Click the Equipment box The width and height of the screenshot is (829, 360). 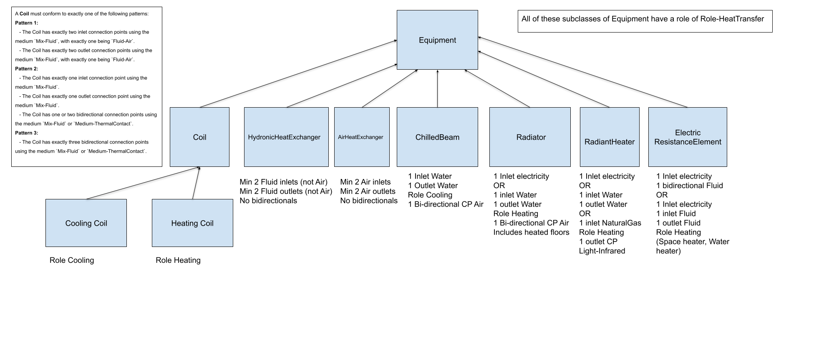(x=437, y=40)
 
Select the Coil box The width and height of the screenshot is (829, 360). (x=199, y=137)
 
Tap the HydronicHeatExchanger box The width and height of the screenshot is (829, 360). (x=286, y=137)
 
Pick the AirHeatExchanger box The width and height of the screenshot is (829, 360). (x=361, y=137)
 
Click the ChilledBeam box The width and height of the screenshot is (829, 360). (x=437, y=137)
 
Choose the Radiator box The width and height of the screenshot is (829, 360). (x=530, y=137)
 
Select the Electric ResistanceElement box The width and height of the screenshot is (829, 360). (x=687, y=137)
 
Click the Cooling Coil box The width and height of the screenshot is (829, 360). (x=86, y=223)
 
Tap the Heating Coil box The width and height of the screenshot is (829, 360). (x=192, y=223)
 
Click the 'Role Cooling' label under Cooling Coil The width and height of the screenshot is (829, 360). (x=72, y=260)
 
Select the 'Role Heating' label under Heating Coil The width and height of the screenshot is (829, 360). (x=178, y=260)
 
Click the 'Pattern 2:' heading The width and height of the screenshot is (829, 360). (x=27, y=69)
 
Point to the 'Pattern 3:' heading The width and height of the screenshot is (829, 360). (x=27, y=133)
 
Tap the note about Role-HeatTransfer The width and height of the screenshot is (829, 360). (x=645, y=19)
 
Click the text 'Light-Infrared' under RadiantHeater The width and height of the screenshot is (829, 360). (x=602, y=251)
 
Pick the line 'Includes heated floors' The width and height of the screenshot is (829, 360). (x=531, y=232)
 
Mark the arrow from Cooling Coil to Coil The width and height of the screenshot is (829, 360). (x=142, y=183)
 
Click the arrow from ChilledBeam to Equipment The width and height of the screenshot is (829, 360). (x=437, y=88)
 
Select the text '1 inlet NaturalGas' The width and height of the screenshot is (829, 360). (x=610, y=223)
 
